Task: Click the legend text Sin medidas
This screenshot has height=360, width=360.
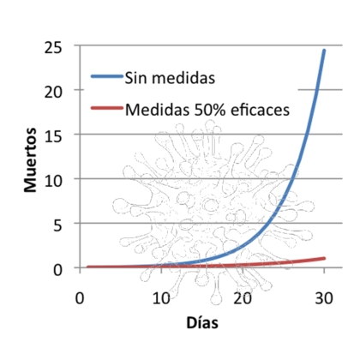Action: click(169, 79)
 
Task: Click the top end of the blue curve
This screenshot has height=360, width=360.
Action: click(324, 51)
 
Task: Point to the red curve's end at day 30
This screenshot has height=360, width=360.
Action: click(324, 258)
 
